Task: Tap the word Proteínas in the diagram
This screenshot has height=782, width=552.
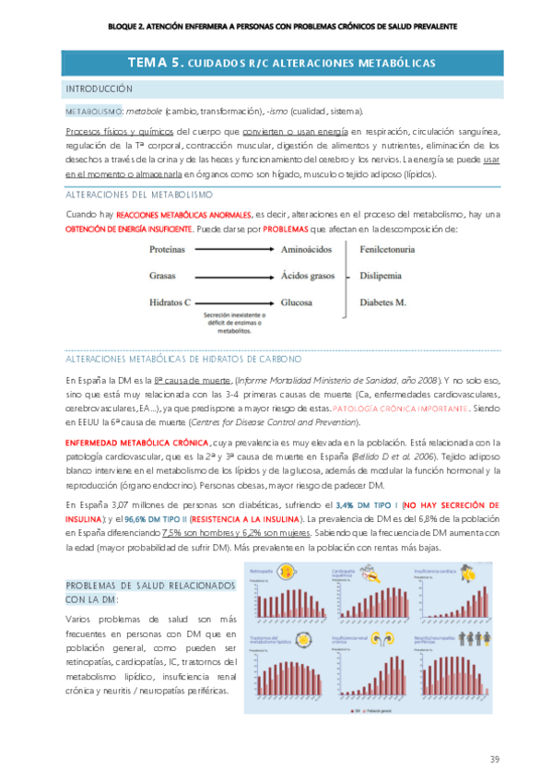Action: (170, 250)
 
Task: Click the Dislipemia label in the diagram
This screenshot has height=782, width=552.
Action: (380, 276)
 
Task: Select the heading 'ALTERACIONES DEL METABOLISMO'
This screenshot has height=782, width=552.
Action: (138, 195)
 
